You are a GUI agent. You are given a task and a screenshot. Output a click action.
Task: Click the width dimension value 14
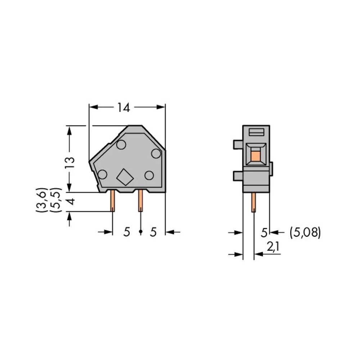(123, 107)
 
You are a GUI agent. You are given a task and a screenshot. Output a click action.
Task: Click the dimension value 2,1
(274, 247)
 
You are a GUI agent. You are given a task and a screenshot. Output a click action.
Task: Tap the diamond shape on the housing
(125, 176)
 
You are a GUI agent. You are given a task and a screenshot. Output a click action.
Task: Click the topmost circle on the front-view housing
(121, 145)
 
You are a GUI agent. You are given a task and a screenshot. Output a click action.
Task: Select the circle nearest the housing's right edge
(156, 153)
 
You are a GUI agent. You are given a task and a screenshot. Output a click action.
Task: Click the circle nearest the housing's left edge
(102, 175)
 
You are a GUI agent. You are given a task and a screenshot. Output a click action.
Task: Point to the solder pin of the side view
(254, 202)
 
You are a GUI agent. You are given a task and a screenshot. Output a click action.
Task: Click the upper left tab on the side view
(238, 144)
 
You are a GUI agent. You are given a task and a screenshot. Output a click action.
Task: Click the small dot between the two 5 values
(140, 232)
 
